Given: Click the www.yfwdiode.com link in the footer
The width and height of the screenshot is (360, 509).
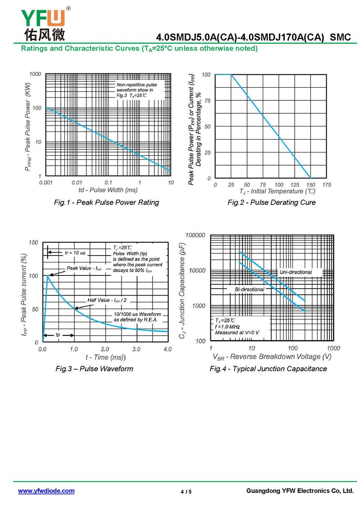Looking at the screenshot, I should click(46, 491).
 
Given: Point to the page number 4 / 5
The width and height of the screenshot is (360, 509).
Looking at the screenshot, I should click(186, 491).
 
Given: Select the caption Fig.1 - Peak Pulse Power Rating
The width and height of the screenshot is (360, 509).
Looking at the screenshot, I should click(106, 203).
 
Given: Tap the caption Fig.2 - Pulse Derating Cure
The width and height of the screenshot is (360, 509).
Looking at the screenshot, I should click(271, 203).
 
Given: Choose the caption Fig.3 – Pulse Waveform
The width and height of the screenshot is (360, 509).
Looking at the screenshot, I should click(94, 369).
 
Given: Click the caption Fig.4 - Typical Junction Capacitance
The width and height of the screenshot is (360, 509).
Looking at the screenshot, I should click(268, 369).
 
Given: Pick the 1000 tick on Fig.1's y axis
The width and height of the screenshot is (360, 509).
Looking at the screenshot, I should click(35, 74).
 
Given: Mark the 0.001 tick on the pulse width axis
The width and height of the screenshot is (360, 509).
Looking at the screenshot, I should click(46, 183).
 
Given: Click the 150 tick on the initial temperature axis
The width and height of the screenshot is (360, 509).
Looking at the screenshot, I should click(311, 185).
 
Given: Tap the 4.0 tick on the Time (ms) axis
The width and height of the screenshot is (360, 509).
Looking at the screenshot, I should click(167, 349).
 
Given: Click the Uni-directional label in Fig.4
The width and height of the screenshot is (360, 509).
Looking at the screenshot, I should click(295, 272).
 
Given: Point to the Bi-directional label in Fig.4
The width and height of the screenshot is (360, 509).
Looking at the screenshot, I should click(249, 289).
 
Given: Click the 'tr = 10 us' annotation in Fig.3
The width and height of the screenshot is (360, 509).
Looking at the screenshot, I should click(75, 253).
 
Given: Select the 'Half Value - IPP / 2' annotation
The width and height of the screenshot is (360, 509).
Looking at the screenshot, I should click(107, 300).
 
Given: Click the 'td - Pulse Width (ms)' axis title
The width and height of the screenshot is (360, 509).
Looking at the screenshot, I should click(108, 190).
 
